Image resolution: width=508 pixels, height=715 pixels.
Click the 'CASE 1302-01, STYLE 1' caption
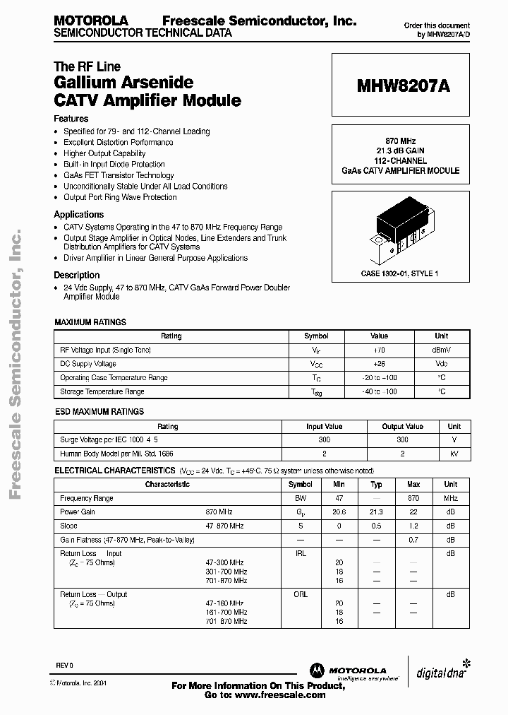coord(399,273)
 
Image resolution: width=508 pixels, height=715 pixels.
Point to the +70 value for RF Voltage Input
coord(379,350)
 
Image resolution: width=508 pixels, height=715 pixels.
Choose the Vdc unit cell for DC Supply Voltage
coord(441,364)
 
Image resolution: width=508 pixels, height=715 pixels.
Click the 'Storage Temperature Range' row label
coord(102,391)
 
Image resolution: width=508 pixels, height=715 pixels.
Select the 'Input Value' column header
coord(324,427)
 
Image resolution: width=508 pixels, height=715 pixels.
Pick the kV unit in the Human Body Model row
coord(454,454)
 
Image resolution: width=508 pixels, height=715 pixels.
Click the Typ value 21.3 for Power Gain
coord(376,512)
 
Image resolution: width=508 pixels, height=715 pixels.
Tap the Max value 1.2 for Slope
coord(413,526)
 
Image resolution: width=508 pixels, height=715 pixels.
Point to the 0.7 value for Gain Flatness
coord(413,540)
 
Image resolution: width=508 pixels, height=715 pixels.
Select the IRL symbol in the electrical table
coord(301,554)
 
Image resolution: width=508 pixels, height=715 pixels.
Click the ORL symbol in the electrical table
coord(301,595)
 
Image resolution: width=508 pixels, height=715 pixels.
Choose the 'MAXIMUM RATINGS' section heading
coord(90,322)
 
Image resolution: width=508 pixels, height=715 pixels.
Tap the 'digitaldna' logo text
coord(439,671)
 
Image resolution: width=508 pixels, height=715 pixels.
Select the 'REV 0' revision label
coord(65,666)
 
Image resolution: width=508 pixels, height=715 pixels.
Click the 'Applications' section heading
coord(79,215)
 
